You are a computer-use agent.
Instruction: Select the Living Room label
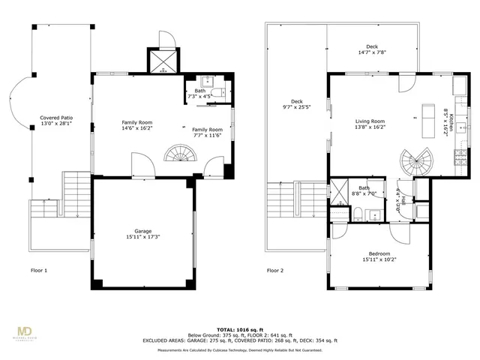[370, 121]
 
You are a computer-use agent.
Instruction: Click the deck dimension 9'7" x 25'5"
[296, 107]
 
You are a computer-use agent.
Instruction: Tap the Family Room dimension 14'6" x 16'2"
[137, 128]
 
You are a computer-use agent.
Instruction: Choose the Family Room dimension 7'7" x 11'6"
[207, 135]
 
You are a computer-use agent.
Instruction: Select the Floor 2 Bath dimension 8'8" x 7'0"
[364, 193]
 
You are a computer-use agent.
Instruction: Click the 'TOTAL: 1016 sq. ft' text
[239, 329]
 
